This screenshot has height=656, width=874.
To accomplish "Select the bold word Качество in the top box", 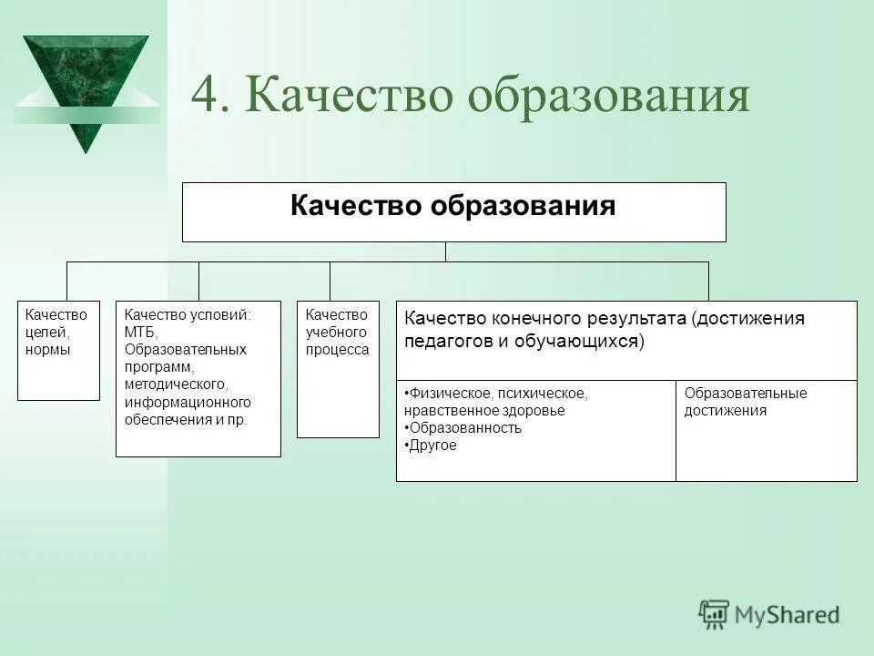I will (356, 206).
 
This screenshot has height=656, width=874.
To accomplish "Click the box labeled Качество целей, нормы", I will (58, 349).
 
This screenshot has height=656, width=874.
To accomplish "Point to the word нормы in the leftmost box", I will (48, 350).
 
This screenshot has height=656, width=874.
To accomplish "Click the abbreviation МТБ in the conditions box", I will (141, 332).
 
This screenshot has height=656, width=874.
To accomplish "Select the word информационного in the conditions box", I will (188, 402).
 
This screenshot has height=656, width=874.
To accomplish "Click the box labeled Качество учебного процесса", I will (338, 369).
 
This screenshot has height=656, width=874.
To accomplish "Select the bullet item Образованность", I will (464, 428).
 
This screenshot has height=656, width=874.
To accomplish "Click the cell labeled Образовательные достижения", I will (766, 430).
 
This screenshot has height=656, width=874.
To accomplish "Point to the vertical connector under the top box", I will (445, 251).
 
